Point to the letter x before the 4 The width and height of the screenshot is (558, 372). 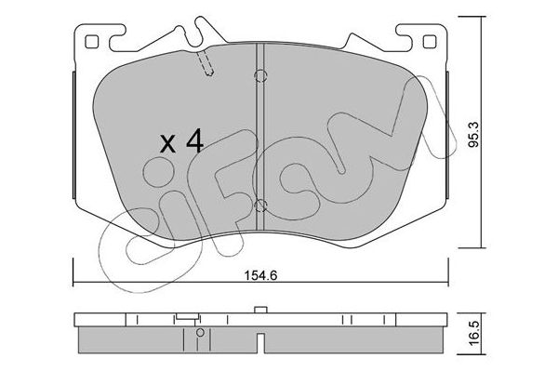point(167,144)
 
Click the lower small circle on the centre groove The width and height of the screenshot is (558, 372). point(261,206)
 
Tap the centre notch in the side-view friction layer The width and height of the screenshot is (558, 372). point(261,334)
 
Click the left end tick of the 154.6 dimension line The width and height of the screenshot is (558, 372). point(73,273)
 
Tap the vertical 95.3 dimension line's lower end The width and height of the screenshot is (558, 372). point(480,247)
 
